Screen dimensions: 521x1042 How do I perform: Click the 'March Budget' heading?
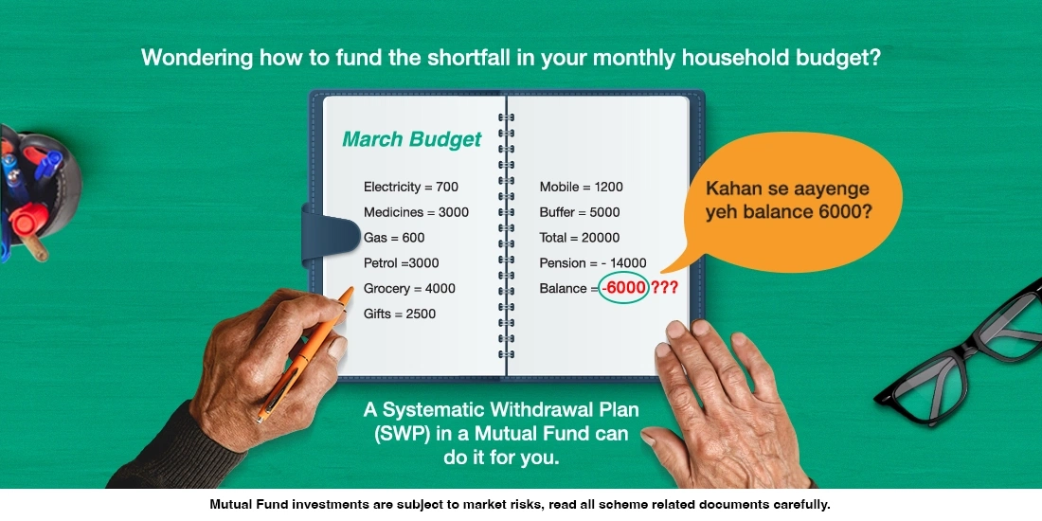point(411,140)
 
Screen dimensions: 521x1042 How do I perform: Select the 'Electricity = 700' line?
point(410,187)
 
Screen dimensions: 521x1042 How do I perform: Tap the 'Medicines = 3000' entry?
point(416,212)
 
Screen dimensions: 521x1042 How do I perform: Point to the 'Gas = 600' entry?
point(394,238)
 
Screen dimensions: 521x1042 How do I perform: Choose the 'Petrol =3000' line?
point(401,263)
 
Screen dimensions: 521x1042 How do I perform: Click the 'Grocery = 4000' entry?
point(409,289)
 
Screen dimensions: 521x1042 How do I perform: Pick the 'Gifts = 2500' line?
point(400,314)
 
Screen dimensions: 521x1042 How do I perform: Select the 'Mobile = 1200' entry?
point(581,187)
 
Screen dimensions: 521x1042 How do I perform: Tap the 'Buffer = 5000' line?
point(579,212)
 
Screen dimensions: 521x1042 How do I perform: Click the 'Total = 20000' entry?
point(579,238)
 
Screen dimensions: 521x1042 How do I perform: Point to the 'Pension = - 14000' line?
point(592,263)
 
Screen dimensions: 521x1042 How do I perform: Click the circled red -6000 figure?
point(622,289)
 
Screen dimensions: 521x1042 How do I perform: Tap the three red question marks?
point(664,289)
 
